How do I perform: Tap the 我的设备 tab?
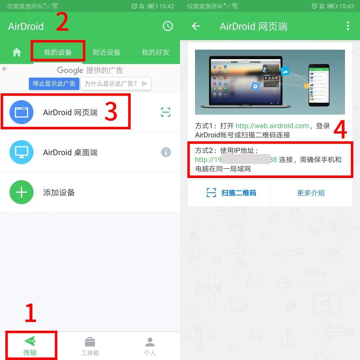pos(58,52)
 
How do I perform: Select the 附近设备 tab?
pos(107,52)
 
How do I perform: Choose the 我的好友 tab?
pos(155,52)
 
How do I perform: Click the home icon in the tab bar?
pos(17,52)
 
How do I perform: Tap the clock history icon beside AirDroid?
pos(168,26)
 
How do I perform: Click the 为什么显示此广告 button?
pos(116,84)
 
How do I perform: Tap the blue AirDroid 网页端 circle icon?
pos(22,112)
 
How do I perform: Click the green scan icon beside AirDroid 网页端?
pos(166,112)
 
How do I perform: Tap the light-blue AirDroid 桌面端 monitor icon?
pos(22,152)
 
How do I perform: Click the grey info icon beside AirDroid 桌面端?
pos(166,152)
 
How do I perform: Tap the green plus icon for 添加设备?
pos(22,192)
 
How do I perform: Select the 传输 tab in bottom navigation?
pos(30,346)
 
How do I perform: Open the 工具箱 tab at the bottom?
pos(90,346)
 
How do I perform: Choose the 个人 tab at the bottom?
pos(150,346)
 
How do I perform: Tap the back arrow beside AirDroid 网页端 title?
pos(196,26)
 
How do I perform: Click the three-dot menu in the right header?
pos(348,26)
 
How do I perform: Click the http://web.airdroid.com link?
pos(272,126)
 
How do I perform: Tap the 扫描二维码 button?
pos(231,193)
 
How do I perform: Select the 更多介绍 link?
pos(311,193)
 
